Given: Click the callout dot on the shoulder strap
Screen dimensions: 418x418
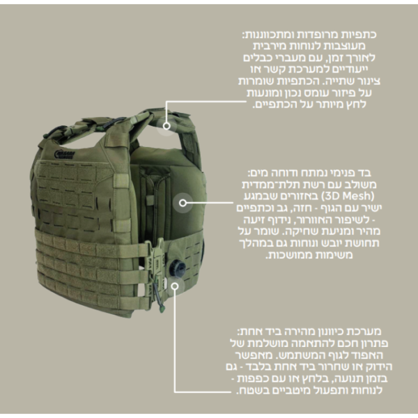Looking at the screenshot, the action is (167, 125).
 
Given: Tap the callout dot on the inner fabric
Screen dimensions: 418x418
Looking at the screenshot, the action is (183, 203).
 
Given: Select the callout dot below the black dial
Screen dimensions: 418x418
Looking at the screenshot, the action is (175, 286).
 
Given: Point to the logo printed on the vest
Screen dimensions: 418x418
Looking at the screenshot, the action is (65, 155).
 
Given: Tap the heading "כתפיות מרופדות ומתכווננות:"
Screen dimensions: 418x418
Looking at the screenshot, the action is (309, 35).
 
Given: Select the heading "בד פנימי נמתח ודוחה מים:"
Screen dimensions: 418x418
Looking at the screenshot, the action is (309, 173).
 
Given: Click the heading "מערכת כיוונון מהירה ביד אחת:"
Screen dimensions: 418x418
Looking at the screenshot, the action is (309, 332).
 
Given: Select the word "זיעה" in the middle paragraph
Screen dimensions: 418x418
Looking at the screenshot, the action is (254, 220).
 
